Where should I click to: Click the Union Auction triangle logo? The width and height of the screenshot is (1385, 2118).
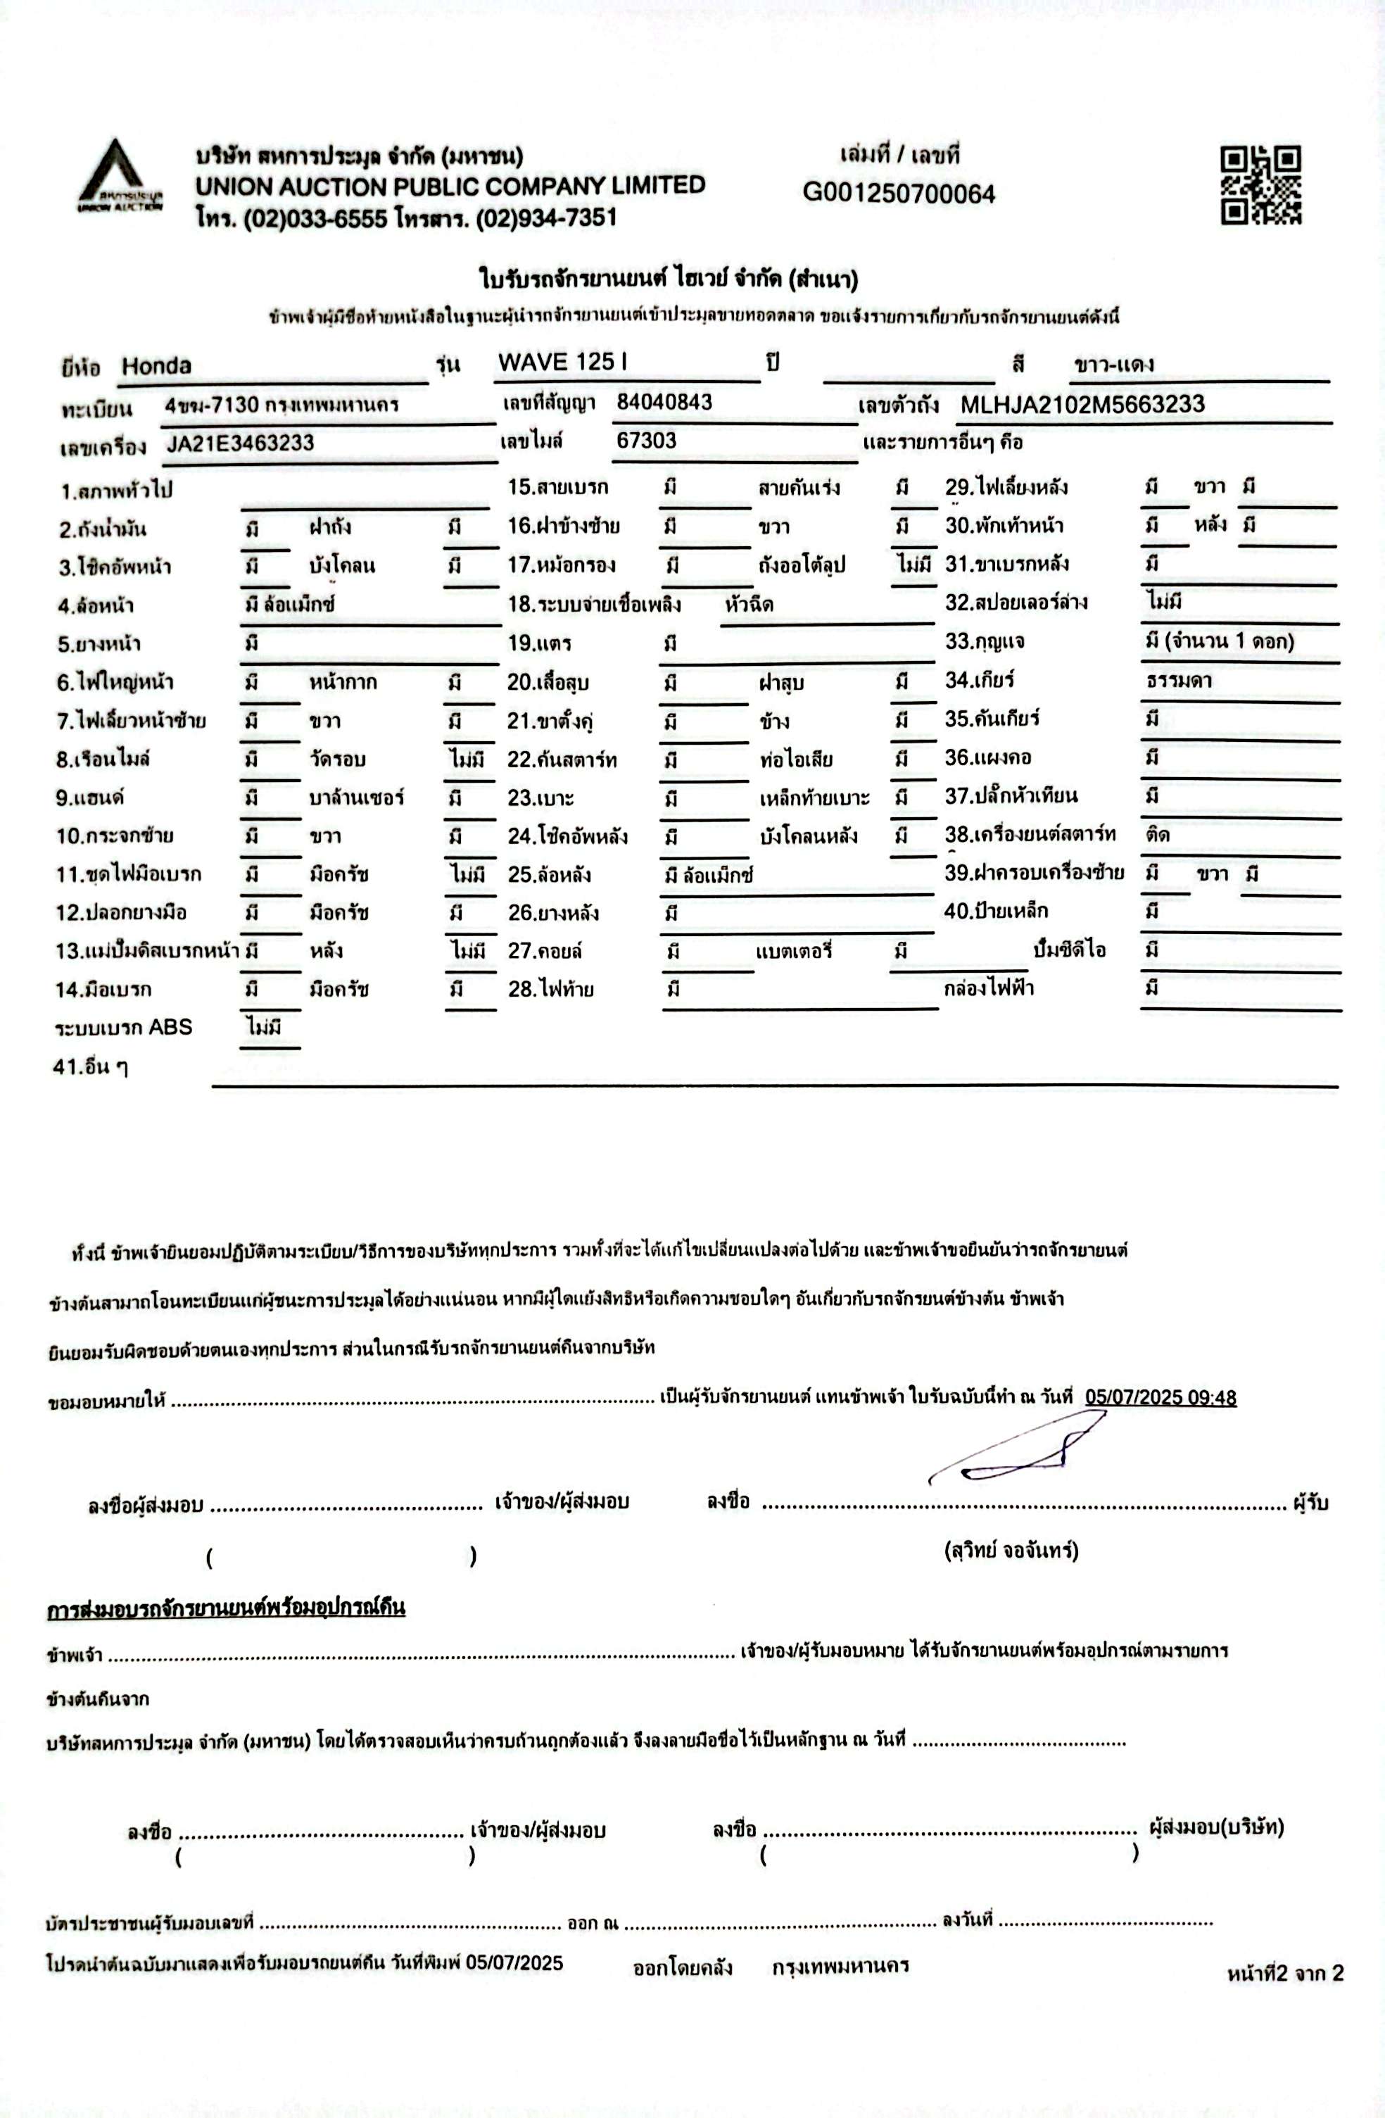tap(118, 176)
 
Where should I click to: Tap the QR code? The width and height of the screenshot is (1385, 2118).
tap(1260, 185)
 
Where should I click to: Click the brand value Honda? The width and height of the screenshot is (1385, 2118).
tap(156, 366)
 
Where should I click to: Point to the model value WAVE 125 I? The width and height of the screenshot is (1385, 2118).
tap(562, 361)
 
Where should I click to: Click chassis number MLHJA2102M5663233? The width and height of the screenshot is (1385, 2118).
tap(1082, 404)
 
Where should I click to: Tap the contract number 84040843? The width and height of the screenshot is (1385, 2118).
tap(664, 402)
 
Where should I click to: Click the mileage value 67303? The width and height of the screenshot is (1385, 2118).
tap(647, 441)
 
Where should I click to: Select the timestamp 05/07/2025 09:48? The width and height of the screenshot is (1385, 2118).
tap(1160, 1397)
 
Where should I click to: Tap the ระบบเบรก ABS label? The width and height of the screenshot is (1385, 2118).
tap(124, 1027)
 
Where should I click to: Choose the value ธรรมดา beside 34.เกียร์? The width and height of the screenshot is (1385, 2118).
tap(1180, 681)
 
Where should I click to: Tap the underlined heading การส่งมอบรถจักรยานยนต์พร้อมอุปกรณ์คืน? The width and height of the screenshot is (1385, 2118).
tap(226, 1607)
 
